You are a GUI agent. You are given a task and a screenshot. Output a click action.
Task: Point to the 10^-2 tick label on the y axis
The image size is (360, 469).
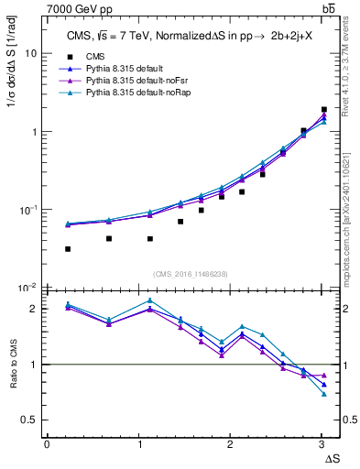pyautogui.click(x=27, y=289)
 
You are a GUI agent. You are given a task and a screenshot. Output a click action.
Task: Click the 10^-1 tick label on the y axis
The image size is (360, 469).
pyautogui.click(x=27, y=210)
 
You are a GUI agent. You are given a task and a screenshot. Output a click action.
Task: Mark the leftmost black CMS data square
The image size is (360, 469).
pyautogui.click(x=68, y=249)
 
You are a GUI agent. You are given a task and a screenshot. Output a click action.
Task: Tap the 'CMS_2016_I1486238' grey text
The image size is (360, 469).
pyautogui.click(x=191, y=273)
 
